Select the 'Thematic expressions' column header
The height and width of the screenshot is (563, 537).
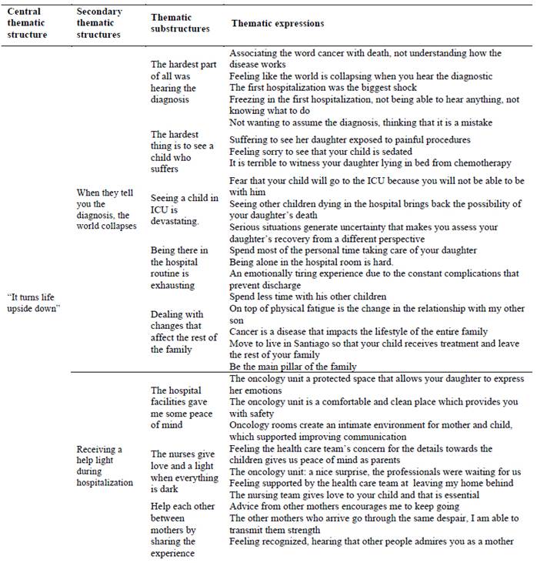278,24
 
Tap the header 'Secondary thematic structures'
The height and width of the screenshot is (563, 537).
98,23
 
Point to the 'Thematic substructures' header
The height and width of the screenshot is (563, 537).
180,23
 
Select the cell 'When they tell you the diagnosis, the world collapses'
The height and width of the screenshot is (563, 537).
106,209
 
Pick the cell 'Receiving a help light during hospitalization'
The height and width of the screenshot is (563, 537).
101,466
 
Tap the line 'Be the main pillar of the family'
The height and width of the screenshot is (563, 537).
293,367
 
